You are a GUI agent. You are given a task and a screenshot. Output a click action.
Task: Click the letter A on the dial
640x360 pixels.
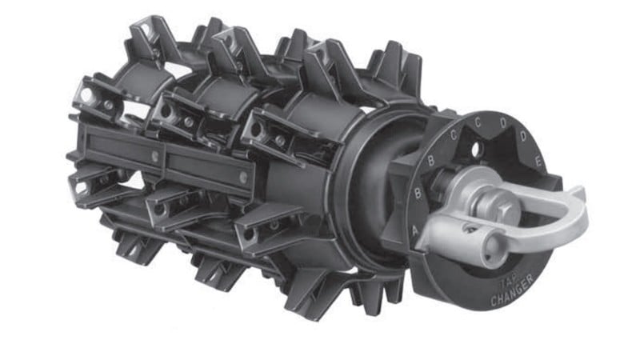point(415,230)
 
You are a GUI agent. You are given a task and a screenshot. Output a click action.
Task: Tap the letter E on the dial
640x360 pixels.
point(538,162)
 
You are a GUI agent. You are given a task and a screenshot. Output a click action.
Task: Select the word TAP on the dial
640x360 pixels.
point(508,284)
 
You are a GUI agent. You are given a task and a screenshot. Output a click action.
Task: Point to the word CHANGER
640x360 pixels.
point(512,291)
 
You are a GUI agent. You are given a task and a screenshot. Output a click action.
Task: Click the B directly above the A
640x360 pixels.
point(418,192)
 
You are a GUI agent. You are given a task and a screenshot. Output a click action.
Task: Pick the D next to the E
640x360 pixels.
point(524,136)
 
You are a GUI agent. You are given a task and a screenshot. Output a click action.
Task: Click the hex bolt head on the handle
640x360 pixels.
point(506,213)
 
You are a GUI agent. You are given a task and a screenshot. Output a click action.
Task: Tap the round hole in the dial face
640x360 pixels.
point(476,150)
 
